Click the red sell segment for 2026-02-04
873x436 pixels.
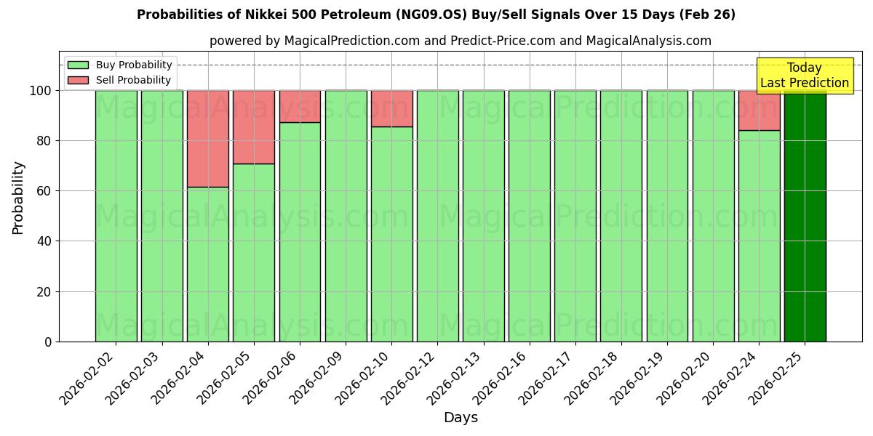pyautogui.click(x=208, y=138)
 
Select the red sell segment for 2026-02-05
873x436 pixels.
pyautogui.click(x=254, y=126)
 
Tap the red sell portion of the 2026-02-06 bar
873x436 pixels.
pyautogui.click(x=300, y=106)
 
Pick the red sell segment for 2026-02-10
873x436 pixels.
pyautogui.click(x=391, y=108)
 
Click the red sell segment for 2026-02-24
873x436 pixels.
pyautogui.click(x=759, y=110)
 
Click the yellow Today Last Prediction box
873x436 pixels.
pyautogui.click(x=805, y=76)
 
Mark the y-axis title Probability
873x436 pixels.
pyautogui.click(x=18, y=198)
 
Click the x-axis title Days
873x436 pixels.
pyautogui.click(x=461, y=418)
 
